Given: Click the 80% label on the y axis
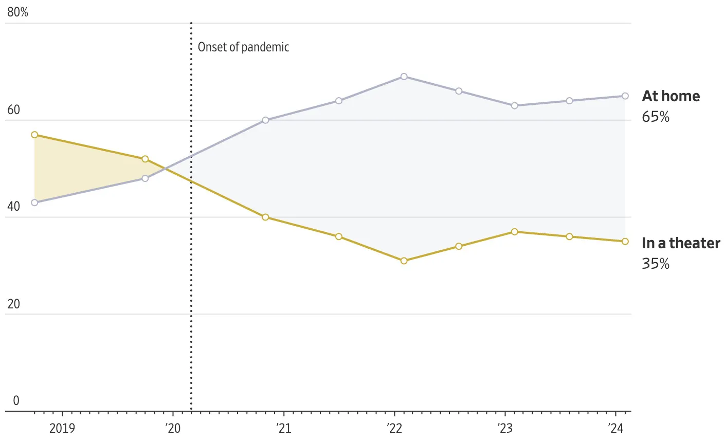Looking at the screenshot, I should coord(17,12).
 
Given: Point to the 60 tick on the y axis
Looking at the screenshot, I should coord(13,109).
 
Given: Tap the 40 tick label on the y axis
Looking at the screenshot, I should coord(13,207).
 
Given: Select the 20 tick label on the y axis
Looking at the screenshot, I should coord(13,304).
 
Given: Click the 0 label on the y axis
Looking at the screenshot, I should coord(16,401).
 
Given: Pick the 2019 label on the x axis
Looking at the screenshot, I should coord(62,428).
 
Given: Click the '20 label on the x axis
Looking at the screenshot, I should coord(173,428).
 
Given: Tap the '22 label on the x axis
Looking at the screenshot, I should coord(394,428).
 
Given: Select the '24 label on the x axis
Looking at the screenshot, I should coord(615,428).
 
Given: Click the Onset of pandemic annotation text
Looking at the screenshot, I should coord(243,47).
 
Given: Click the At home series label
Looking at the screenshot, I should coord(670,96).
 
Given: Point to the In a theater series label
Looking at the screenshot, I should coord(681,243).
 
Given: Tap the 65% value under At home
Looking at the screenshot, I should coord(656,117).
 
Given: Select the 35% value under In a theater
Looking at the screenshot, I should coord(656,264).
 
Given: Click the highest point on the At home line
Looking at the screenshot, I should coord(404,77).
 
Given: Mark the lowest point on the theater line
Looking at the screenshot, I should coord(404,261).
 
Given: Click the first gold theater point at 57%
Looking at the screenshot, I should coord(34,135).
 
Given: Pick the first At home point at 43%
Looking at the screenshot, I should coord(34,203).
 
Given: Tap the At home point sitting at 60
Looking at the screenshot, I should coord(265,120).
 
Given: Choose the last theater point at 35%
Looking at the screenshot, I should coord(625,241).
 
